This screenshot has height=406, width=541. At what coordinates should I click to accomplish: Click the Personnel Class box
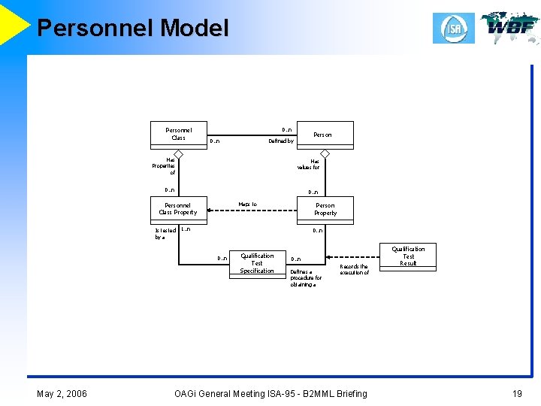(x=178, y=134)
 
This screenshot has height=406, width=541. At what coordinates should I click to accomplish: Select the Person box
(x=324, y=135)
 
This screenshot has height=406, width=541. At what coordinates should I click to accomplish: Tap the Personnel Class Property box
(x=178, y=209)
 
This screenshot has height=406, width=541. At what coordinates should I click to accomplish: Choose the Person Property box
(x=325, y=209)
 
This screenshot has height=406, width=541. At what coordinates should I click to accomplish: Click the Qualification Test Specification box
(x=257, y=263)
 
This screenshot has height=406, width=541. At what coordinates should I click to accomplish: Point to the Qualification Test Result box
(x=408, y=256)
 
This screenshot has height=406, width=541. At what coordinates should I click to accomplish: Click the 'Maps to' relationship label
(x=248, y=204)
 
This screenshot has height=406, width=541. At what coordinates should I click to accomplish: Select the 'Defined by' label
(x=281, y=141)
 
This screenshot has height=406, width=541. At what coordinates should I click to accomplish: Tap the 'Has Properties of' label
(x=165, y=166)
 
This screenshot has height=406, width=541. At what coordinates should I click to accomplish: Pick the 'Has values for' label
(x=309, y=164)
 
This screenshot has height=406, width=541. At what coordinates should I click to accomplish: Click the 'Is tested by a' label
(x=165, y=234)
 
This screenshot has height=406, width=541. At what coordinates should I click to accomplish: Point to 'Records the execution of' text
(x=354, y=269)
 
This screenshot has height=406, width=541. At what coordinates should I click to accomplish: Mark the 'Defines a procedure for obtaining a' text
(x=306, y=278)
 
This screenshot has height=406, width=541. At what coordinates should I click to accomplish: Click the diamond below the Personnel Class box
(x=178, y=153)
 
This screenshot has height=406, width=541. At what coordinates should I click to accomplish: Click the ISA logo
(x=454, y=29)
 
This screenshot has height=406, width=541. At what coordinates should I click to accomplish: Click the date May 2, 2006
(x=62, y=393)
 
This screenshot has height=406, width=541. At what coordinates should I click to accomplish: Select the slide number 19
(x=516, y=393)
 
